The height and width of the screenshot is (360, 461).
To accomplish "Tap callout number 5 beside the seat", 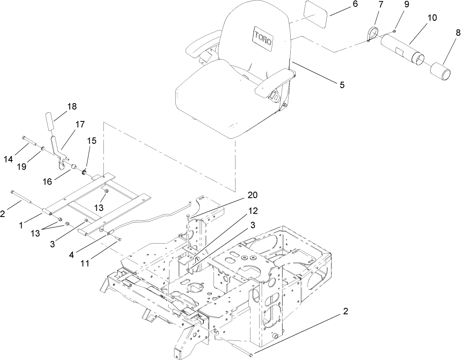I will (342, 84).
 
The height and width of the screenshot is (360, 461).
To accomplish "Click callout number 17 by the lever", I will (80, 124).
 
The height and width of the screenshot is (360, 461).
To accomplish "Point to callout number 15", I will (92, 141).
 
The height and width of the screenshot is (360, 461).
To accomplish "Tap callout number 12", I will (253, 211).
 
